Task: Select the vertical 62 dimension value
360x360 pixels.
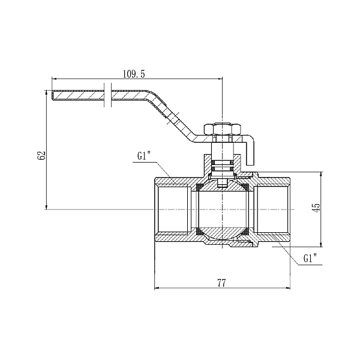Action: [41, 155]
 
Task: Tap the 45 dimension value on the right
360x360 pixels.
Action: [317, 207]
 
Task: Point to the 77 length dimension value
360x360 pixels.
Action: [221, 283]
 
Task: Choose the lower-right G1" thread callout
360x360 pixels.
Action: [310, 259]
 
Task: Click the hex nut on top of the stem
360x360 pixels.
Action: [222, 128]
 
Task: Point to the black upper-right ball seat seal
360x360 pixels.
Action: [248, 187]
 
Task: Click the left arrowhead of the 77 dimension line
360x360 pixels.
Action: [157, 289]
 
